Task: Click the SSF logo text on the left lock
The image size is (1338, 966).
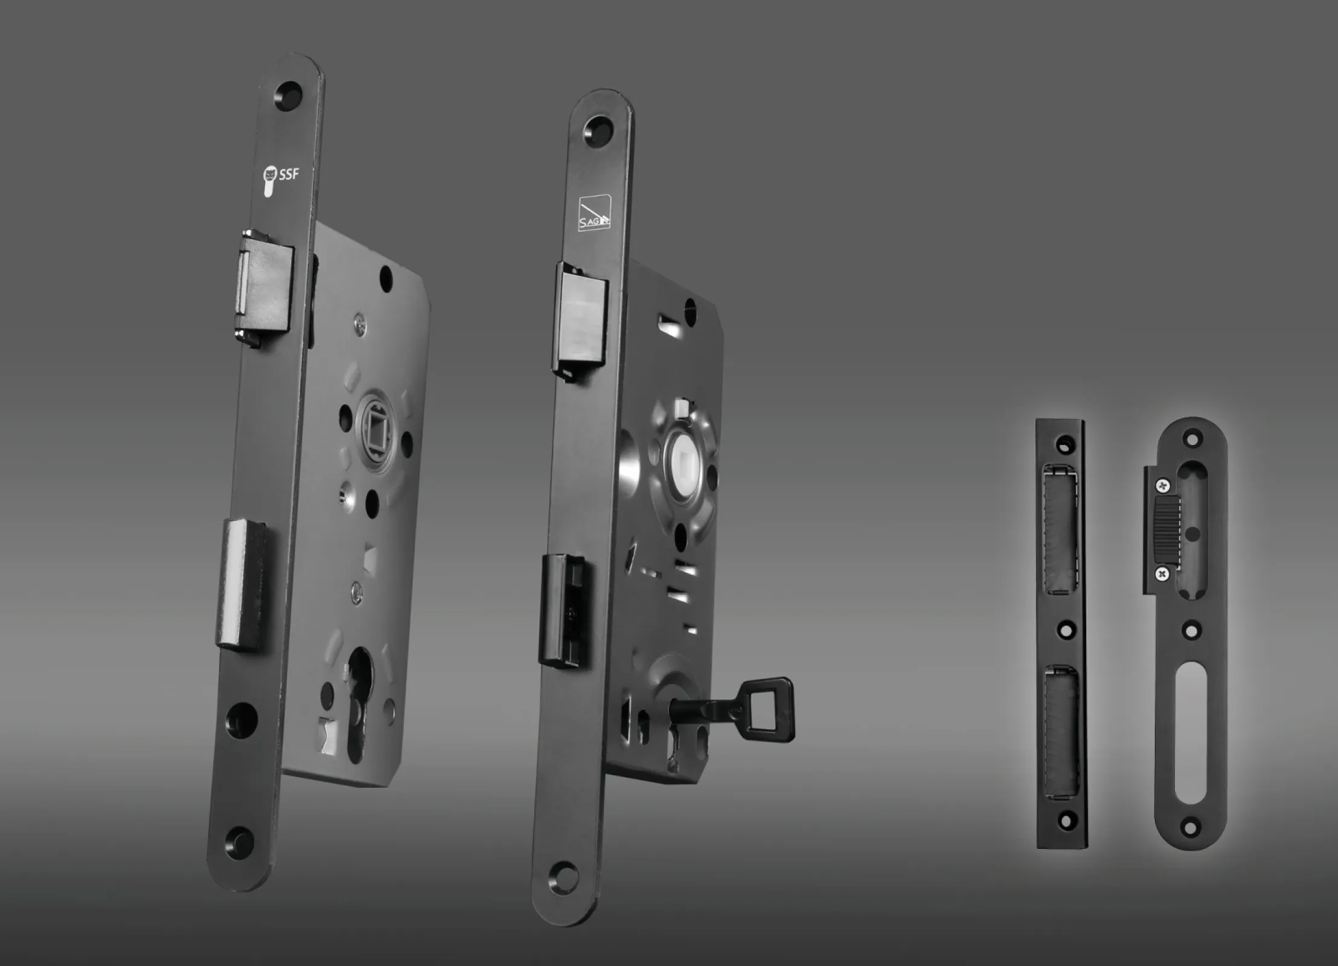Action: [x=288, y=175]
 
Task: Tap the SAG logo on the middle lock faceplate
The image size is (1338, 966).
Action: [x=595, y=213]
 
